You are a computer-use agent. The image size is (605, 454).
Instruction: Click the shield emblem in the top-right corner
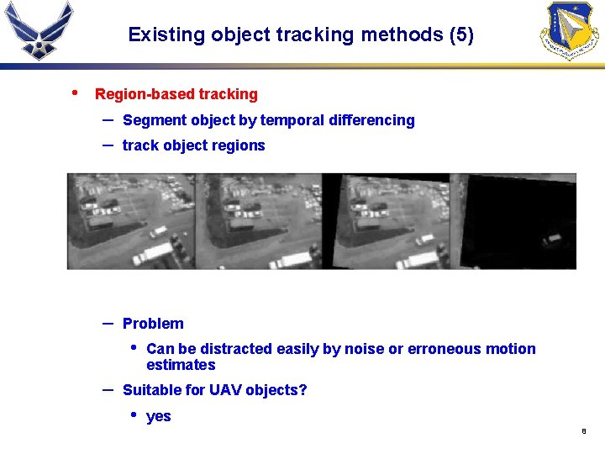(x=569, y=30)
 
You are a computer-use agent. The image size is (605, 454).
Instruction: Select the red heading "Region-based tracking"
(x=176, y=94)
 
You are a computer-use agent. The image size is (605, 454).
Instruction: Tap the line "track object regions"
(x=193, y=145)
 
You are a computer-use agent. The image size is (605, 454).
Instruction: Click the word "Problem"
(x=153, y=324)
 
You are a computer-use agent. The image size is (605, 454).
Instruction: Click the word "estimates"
(x=181, y=365)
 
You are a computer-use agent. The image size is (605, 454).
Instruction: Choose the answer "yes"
(x=158, y=416)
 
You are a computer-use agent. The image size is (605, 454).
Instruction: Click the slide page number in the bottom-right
(x=583, y=432)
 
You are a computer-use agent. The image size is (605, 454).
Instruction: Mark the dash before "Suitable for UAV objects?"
(x=108, y=389)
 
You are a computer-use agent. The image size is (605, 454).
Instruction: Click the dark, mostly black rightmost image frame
(x=521, y=220)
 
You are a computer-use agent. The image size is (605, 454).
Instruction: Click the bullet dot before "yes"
(x=133, y=415)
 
